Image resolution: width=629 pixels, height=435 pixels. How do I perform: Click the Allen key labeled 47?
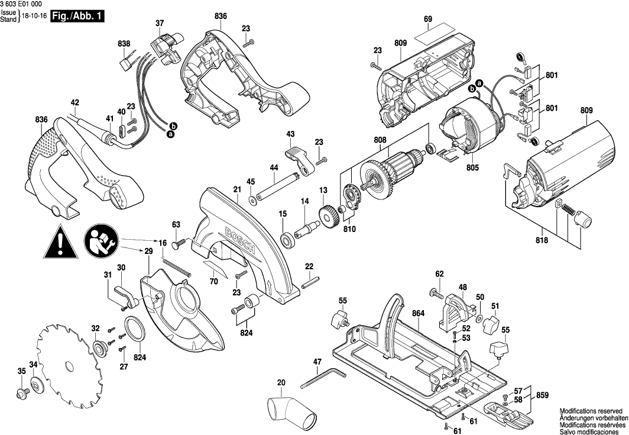pyautogui.click(x=322, y=378)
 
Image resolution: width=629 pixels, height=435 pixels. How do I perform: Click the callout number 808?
pyautogui.click(x=380, y=140)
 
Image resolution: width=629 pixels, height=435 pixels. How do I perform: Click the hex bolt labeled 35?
pyautogui.click(x=23, y=392)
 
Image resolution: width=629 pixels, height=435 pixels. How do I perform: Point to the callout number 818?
pyautogui.click(x=542, y=240)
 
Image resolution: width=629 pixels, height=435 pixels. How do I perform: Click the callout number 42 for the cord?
pyautogui.click(x=74, y=102)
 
